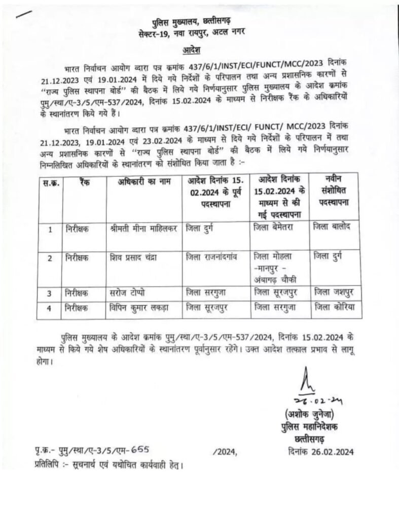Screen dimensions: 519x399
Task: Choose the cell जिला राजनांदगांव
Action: click(212, 257)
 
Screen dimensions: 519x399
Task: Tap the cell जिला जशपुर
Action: click(336, 292)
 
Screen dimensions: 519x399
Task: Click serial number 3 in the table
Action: click(50, 293)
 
